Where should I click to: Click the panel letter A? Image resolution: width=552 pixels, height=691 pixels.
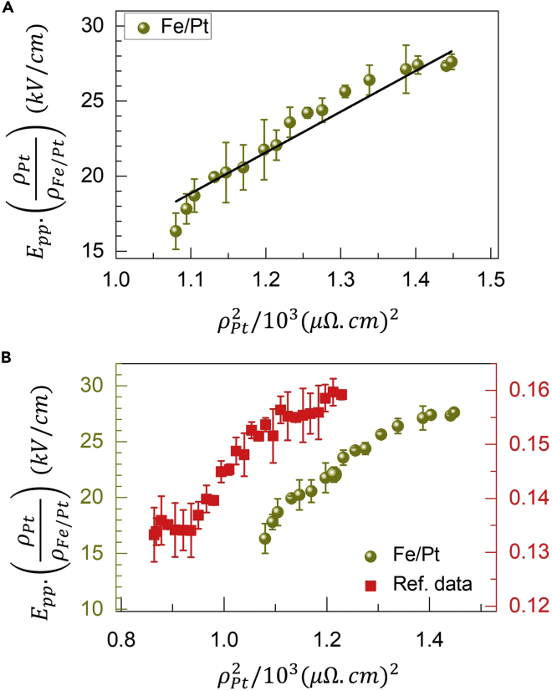[x=8, y=7]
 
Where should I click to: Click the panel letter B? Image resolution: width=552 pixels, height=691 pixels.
[x=8, y=357]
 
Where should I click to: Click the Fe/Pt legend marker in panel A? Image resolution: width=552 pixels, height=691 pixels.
[x=144, y=28]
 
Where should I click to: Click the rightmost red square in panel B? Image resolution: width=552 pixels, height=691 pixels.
[x=341, y=395]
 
